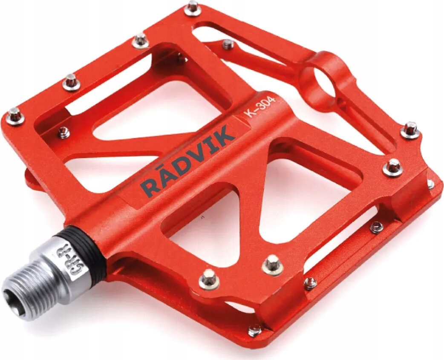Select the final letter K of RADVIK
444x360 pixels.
225,135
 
